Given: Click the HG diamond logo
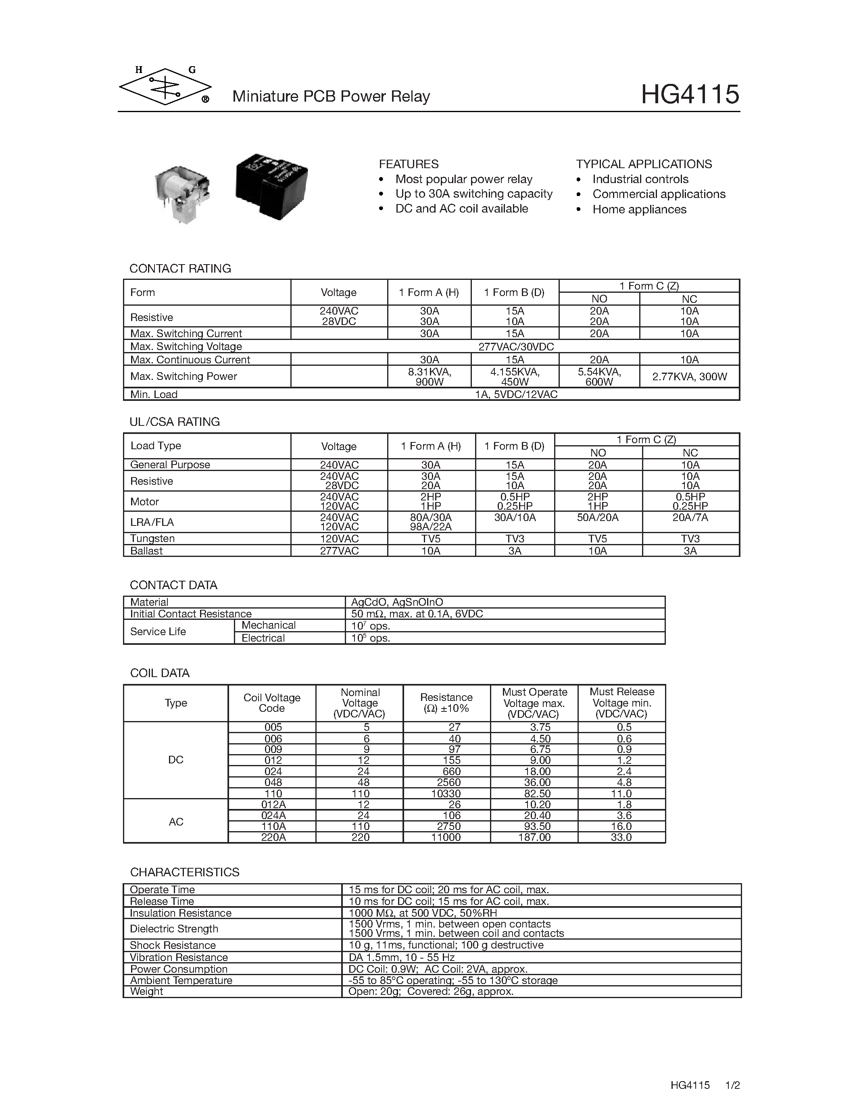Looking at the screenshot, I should click(x=165, y=87).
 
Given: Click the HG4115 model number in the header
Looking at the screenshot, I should click(x=690, y=94).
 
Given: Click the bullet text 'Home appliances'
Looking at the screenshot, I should click(x=639, y=209).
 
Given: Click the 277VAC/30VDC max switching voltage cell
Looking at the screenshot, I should click(x=515, y=346).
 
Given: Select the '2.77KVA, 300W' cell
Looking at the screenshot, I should click(x=689, y=376).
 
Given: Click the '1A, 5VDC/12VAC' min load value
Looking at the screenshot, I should click(x=515, y=394).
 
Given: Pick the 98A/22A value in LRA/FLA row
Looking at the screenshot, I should click(x=431, y=527).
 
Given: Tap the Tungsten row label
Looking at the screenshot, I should click(x=152, y=538).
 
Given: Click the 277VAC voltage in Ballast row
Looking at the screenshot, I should click(x=339, y=550).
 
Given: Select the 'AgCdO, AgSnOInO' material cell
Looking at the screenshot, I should click(x=397, y=602).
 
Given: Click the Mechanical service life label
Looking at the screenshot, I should click(x=268, y=625).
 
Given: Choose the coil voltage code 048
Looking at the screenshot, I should click(x=273, y=782).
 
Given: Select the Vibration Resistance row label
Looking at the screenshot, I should click(x=179, y=957).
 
